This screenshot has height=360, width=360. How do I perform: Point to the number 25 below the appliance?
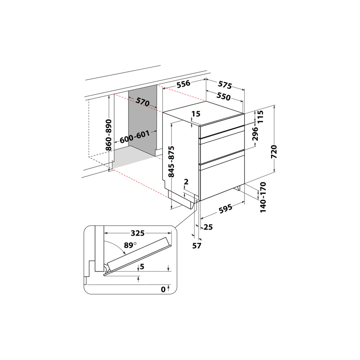pos(208,227)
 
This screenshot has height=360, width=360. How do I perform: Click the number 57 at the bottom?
pos(197,246)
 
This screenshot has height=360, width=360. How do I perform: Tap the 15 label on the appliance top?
pos(195,114)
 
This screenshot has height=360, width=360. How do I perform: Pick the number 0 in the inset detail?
pos(163,289)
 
